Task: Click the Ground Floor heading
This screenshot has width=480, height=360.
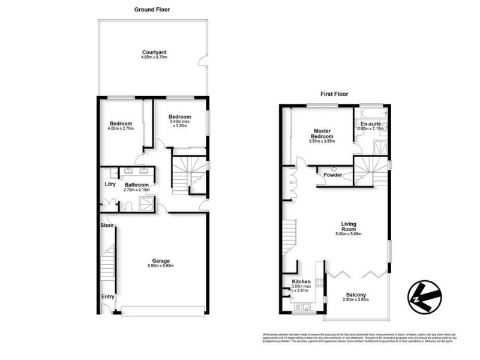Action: [x=153, y=9]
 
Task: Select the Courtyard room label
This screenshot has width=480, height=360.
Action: [x=153, y=52]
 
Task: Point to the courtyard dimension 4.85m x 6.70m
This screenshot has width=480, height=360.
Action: [x=153, y=57]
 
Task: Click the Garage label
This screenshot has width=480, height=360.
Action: [x=160, y=260]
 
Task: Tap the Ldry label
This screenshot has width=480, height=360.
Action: [x=110, y=184]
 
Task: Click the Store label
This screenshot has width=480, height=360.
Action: [x=107, y=225]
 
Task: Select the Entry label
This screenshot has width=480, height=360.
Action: [x=107, y=296]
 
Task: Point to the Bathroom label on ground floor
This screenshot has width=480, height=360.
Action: [x=137, y=185]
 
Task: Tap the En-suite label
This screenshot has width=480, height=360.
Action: [x=370, y=123]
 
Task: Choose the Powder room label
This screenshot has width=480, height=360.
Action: [x=333, y=175]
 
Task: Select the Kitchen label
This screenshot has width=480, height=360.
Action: [x=301, y=281]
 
